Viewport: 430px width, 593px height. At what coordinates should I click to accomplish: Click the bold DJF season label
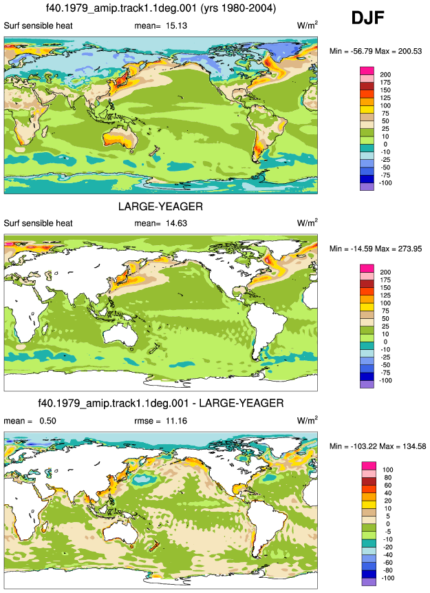(x=367, y=18)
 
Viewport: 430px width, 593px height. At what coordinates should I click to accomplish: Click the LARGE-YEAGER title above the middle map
(x=160, y=207)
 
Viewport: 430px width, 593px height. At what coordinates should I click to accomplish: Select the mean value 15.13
(x=176, y=25)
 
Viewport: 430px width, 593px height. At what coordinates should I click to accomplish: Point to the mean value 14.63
(x=176, y=223)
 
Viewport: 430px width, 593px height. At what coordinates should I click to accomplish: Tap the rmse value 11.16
(x=176, y=421)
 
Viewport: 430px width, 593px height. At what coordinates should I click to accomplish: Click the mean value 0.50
(x=48, y=421)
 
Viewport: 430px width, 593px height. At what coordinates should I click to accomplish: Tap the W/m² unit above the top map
(x=308, y=25)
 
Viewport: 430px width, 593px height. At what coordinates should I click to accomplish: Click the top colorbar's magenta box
(x=367, y=71)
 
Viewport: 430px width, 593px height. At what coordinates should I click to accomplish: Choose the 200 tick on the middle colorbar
(x=385, y=272)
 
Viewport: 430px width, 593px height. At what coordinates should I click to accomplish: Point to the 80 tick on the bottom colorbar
(x=387, y=478)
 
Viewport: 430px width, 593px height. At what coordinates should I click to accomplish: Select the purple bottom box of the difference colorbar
(x=369, y=582)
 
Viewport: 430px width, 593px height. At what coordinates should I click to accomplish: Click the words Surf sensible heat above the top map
(x=38, y=25)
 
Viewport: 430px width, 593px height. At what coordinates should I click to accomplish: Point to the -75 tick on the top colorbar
(x=385, y=175)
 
